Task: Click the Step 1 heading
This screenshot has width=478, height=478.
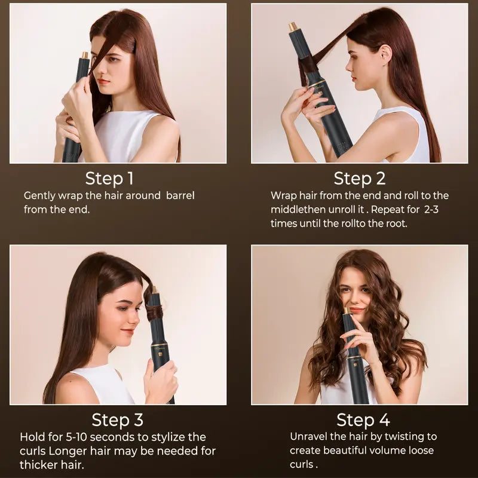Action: [109, 178]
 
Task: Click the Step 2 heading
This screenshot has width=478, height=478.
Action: [360, 178]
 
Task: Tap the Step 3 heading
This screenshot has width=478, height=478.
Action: [117, 419]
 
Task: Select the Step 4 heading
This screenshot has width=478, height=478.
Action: [363, 419]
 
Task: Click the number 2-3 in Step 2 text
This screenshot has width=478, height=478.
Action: [427, 209]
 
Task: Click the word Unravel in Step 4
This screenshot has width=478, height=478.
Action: [310, 437]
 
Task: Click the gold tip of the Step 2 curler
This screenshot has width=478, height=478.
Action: [293, 27]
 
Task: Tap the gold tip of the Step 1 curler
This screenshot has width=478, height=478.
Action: [85, 55]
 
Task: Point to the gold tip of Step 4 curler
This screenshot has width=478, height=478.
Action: [346, 311]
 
